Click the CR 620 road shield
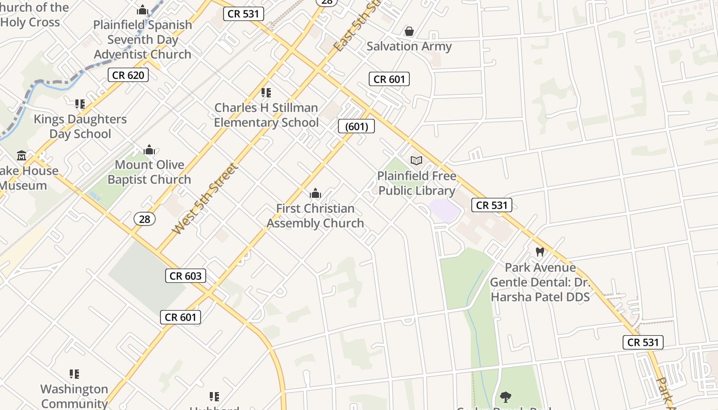click(128, 75)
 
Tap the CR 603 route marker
click(186, 276)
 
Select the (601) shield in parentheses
click(356, 126)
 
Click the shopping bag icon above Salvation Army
click(409, 32)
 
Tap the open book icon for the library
click(416, 161)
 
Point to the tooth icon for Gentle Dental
click(540, 252)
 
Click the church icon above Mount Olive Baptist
click(149, 150)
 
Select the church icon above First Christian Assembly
click(315, 193)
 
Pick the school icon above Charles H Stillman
click(266, 93)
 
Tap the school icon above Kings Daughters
click(79, 104)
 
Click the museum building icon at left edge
click(22, 155)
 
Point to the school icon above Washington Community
click(74, 374)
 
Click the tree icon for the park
click(505, 396)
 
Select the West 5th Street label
click(205, 199)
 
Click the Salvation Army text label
click(409, 46)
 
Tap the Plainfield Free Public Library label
click(416, 183)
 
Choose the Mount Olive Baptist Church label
click(149, 172)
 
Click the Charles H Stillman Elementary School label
click(266, 115)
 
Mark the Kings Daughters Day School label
click(80, 127)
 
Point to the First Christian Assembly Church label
click(315, 216)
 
